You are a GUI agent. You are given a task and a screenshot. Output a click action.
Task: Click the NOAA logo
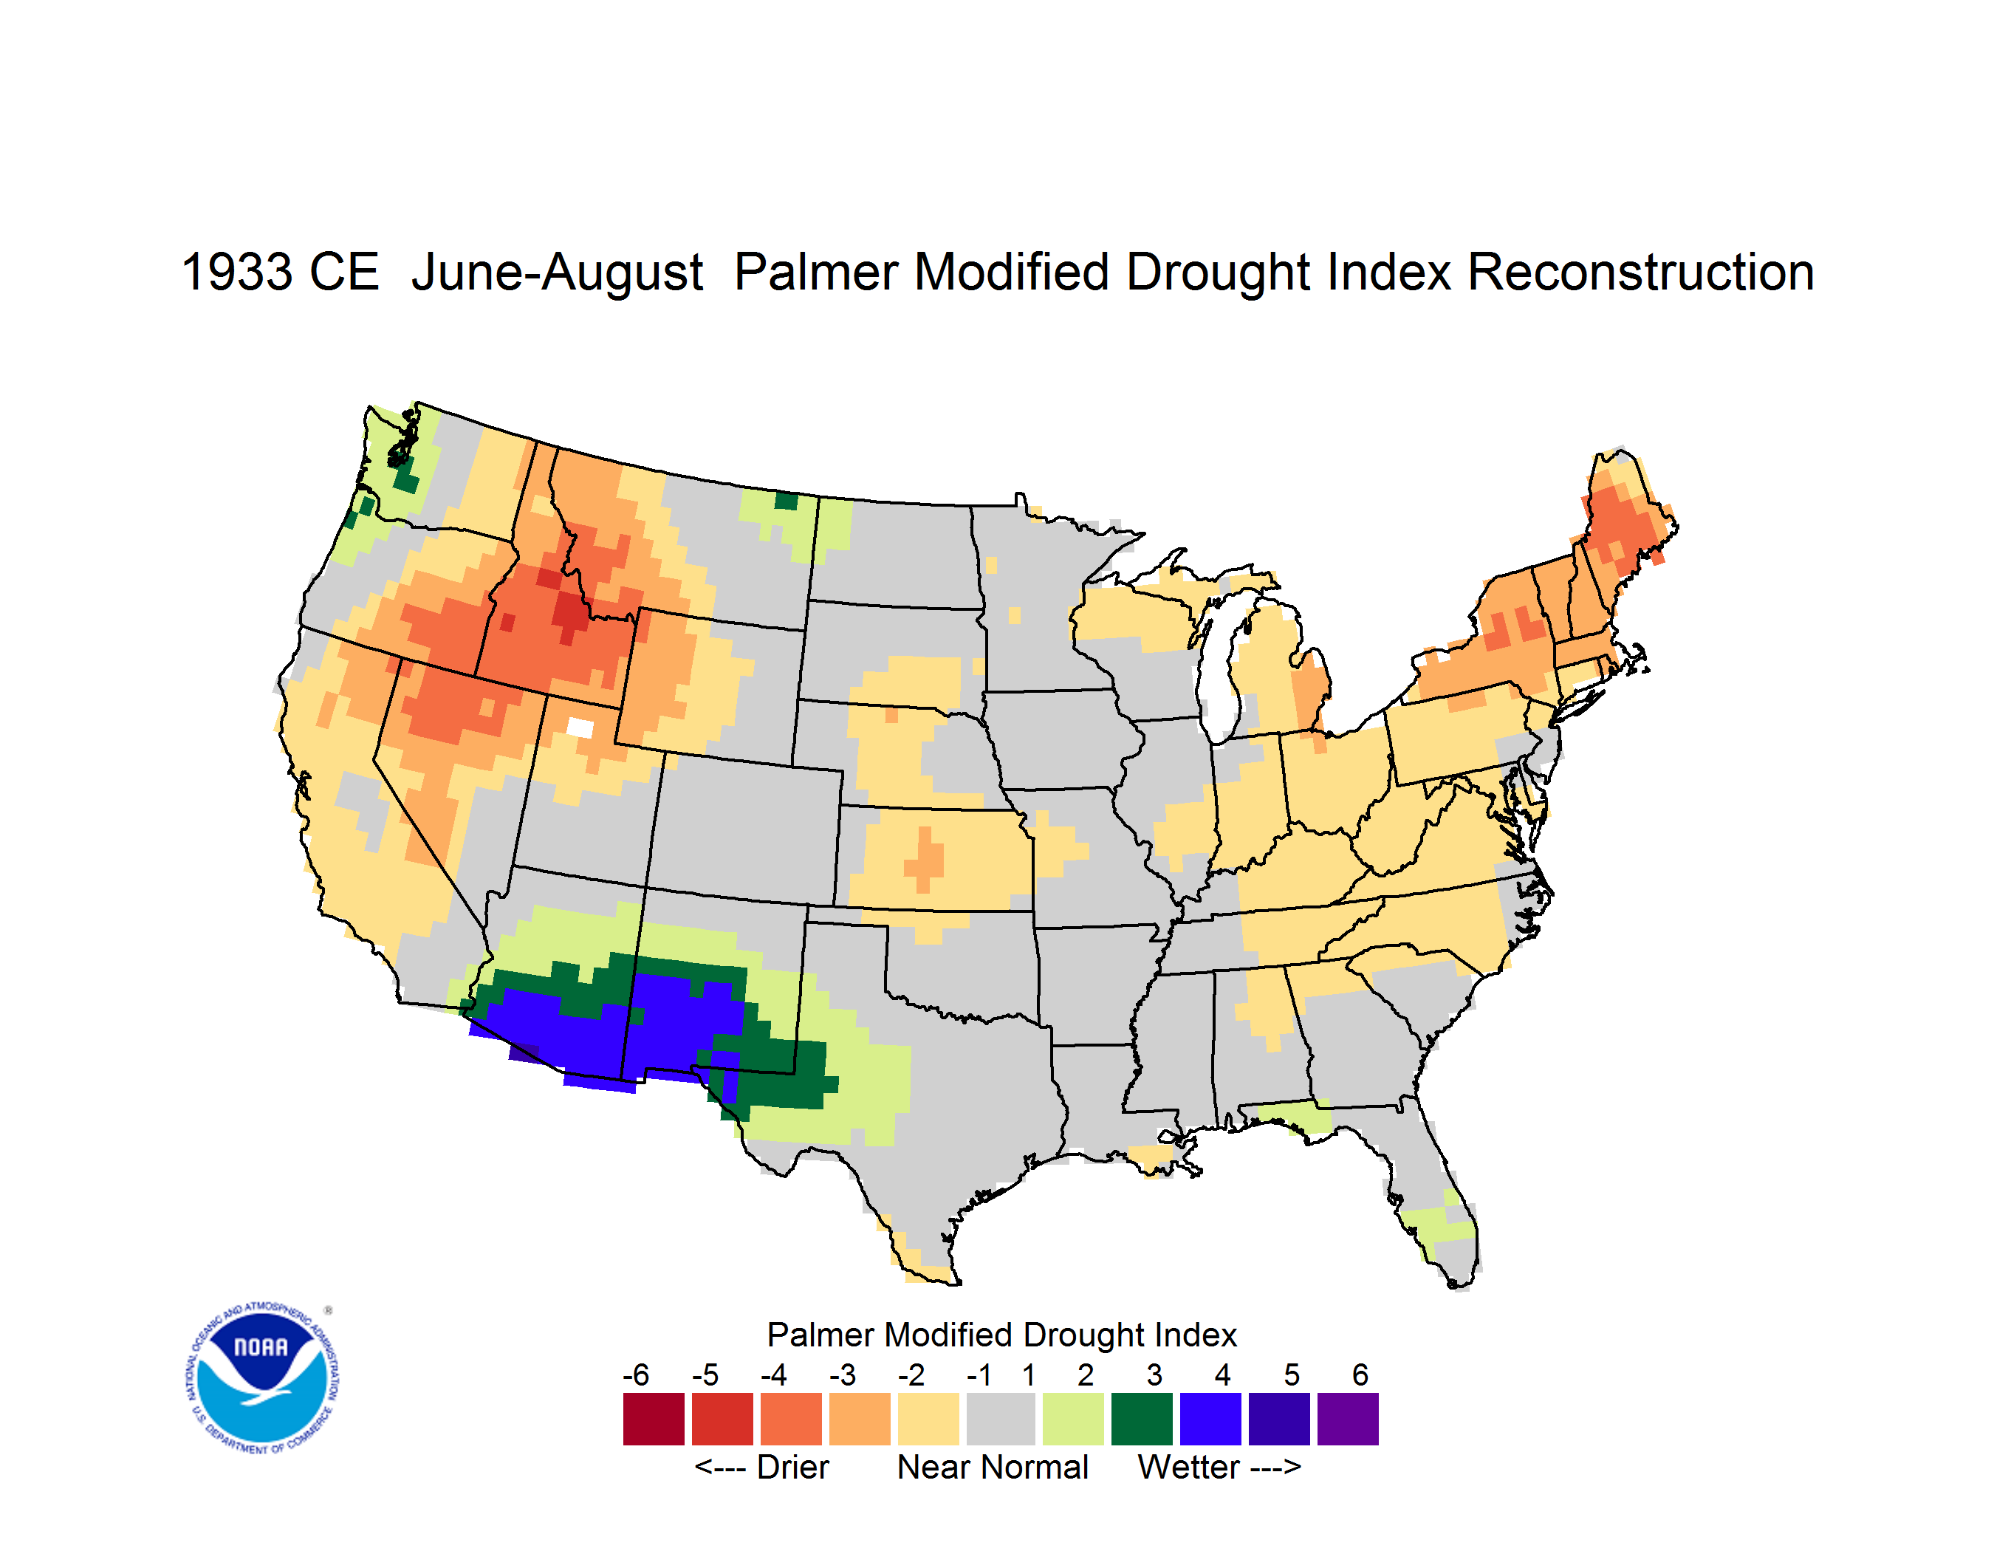tap(262, 1378)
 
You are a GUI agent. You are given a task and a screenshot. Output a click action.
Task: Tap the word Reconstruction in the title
tap(1641, 272)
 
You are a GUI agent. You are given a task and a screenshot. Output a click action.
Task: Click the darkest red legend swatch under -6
tap(654, 1419)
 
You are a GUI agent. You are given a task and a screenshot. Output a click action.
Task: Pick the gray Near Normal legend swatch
tap(1001, 1419)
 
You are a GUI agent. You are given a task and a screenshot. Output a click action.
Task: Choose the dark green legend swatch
tap(1141, 1419)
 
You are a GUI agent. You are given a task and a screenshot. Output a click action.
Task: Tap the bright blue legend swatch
tap(1210, 1419)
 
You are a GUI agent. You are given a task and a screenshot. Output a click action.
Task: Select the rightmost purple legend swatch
tap(1348, 1419)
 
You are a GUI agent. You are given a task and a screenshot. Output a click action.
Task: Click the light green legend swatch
tap(1073, 1419)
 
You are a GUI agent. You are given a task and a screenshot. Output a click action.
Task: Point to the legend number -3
tap(842, 1374)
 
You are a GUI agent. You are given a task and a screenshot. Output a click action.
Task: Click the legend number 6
tap(1360, 1374)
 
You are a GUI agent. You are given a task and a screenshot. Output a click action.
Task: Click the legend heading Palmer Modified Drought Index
tap(1001, 1335)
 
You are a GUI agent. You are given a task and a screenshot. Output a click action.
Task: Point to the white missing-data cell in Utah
tap(580, 727)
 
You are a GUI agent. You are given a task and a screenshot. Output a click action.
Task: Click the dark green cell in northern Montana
tap(786, 500)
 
